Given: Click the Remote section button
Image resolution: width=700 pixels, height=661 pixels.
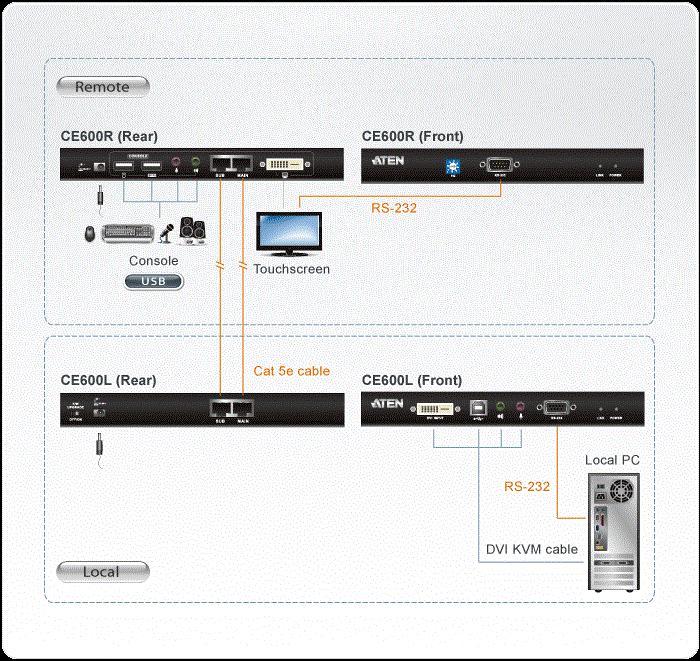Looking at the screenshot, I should (x=103, y=87).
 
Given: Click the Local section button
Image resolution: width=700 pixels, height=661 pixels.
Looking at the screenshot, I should (x=103, y=572).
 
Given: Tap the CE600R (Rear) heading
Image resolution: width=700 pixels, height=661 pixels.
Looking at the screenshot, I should (x=109, y=136).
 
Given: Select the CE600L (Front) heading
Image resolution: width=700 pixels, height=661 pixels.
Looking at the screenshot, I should (x=412, y=380).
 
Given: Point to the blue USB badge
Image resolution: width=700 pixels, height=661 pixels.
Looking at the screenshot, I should (x=154, y=281).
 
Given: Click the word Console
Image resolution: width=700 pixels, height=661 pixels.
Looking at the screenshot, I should (x=154, y=261).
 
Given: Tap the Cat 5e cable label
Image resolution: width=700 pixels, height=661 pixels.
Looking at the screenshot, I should (x=291, y=371).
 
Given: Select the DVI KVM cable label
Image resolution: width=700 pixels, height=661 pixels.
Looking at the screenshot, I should (x=532, y=549).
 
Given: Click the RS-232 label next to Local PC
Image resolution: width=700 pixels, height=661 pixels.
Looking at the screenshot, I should (x=526, y=487).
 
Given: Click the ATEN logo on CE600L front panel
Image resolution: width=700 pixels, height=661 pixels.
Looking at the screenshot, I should (x=387, y=404).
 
